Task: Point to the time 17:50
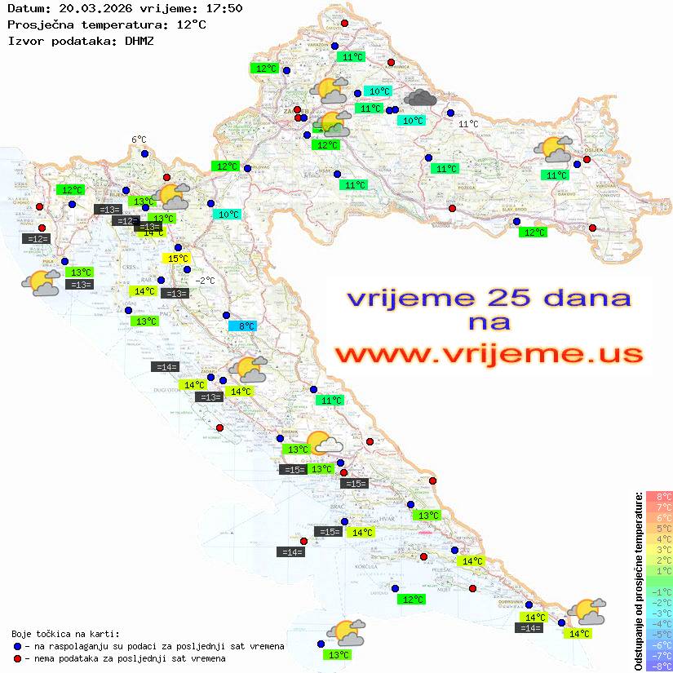tap(224, 9)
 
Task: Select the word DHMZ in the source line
tap(139, 40)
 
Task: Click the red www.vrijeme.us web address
tap(489, 354)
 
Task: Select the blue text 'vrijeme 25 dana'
tap(489, 298)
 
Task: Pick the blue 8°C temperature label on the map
tap(242, 326)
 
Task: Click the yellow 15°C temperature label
tap(178, 259)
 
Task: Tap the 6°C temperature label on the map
tap(139, 139)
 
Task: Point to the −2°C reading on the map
tap(205, 281)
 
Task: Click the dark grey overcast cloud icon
tap(420, 98)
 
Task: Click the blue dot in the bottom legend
tap(18, 646)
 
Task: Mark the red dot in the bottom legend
tap(18, 658)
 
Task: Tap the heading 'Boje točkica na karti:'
tap(65, 633)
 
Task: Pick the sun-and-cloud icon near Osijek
tap(553, 149)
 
